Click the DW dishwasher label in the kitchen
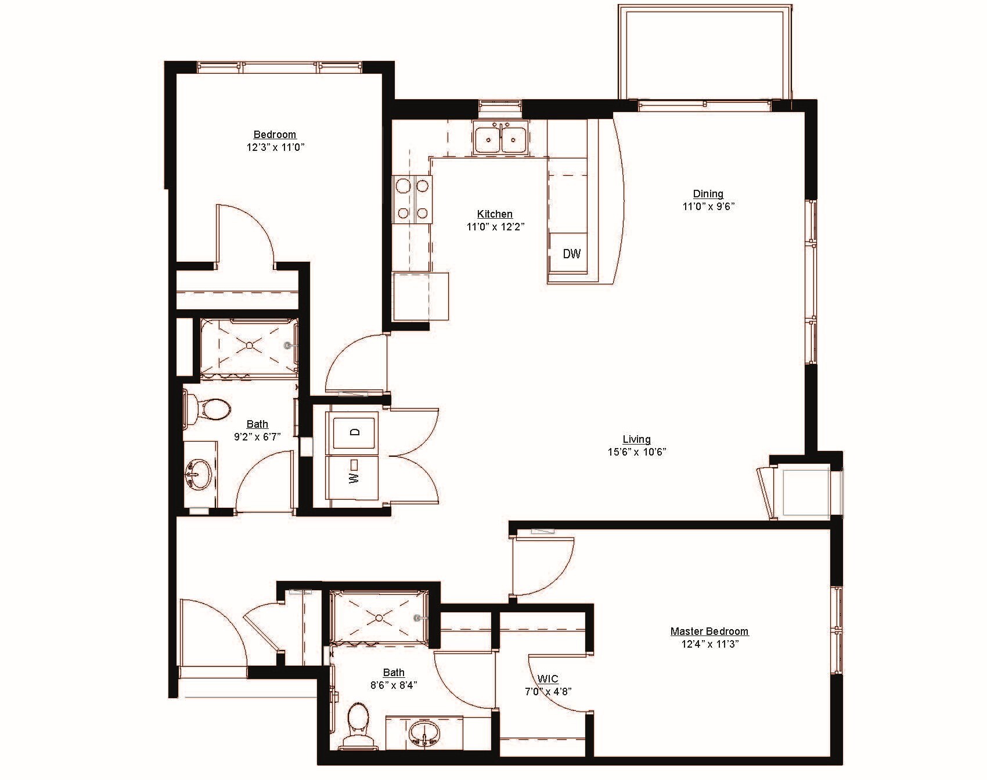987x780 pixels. tap(572, 254)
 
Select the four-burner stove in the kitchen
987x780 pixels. tap(412, 200)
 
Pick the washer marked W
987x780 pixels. tap(355, 477)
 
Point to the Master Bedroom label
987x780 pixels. tap(709, 631)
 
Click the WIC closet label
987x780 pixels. tap(547, 679)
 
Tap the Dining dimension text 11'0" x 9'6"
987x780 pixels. tap(708, 206)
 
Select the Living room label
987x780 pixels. tap(636, 439)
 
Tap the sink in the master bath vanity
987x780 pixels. tap(425, 732)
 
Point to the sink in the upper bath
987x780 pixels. tap(199, 475)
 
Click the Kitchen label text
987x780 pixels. tap(495, 214)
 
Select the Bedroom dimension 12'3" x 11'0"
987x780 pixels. tap(275, 147)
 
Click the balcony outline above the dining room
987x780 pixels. tap(705, 52)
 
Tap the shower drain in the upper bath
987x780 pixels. tap(249, 345)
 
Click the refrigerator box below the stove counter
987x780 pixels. tap(421, 297)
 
